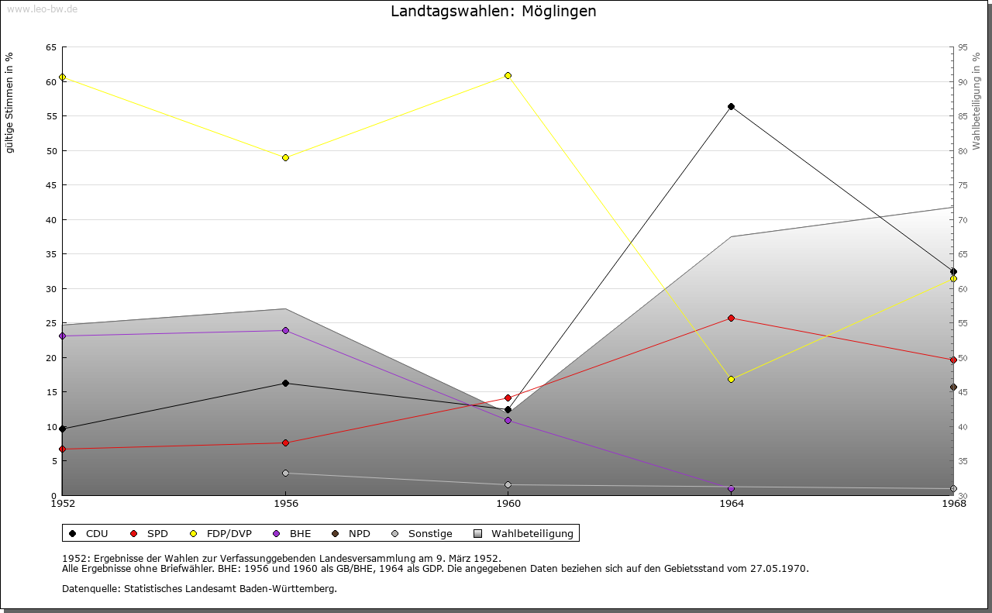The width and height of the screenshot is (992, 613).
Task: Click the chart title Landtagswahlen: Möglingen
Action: (494, 12)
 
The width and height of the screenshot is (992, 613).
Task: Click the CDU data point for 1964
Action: (731, 107)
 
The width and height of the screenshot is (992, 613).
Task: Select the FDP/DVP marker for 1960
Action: (508, 76)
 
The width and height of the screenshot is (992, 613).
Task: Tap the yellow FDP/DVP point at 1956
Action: (285, 158)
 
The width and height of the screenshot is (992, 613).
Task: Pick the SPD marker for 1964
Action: (731, 319)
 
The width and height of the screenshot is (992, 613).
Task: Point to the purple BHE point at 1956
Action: (285, 331)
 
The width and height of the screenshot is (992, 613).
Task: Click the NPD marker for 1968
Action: (953, 387)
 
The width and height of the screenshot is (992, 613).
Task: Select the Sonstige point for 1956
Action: (285, 474)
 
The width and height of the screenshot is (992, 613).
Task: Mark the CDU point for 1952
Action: (62, 429)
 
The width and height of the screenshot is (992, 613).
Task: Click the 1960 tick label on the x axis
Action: (508, 504)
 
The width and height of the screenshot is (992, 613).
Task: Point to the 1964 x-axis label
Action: (731, 504)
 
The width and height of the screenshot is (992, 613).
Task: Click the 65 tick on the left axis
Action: (51, 47)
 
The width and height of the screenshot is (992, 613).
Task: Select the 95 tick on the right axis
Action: (963, 47)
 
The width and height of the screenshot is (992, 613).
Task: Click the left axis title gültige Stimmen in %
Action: (10, 102)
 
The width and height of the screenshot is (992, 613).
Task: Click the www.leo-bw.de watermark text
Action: (42, 8)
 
